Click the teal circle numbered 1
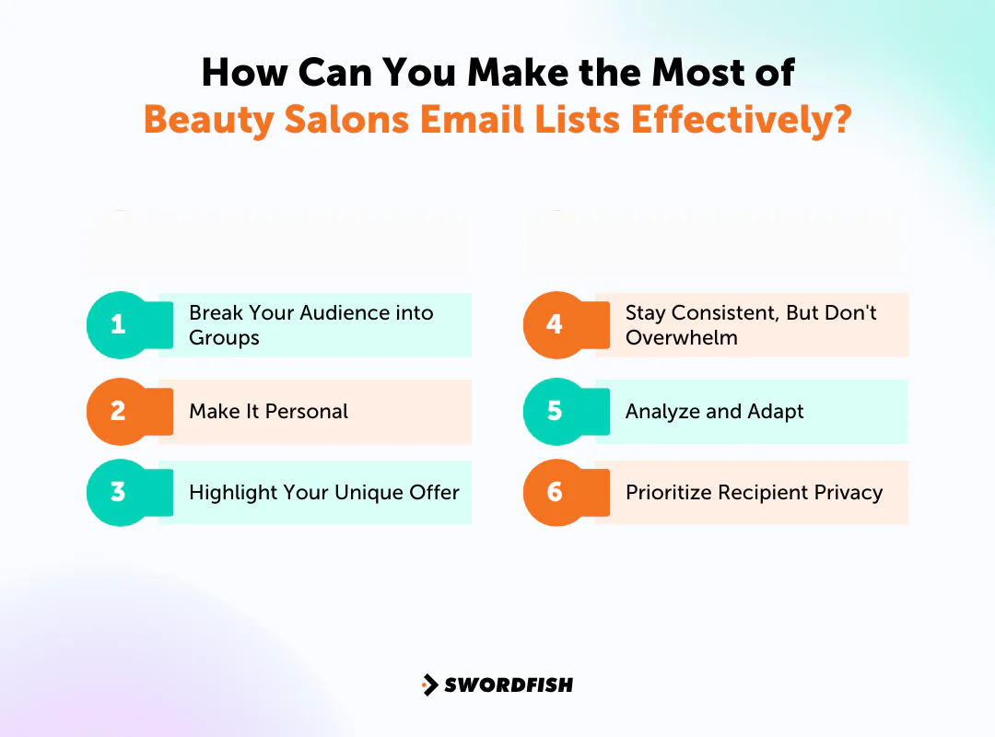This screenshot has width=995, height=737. coord(118,325)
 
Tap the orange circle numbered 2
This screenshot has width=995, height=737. coord(118,411)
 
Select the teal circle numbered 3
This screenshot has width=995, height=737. coord(118,492)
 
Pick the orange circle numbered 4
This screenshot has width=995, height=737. coord(555,325)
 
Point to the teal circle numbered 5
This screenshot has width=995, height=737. coord(555,411)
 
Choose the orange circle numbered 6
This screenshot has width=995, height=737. coord(555,492)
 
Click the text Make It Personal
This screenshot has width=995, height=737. coord(268,412)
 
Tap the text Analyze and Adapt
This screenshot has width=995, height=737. coord(714,412)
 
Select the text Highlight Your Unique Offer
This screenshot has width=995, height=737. coord(323,493)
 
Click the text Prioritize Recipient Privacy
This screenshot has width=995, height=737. coord(754,493)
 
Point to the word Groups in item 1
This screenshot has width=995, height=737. coord(224,338)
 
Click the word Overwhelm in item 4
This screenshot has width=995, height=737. coord(681,338)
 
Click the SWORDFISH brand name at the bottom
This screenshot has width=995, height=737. coord(509,684)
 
